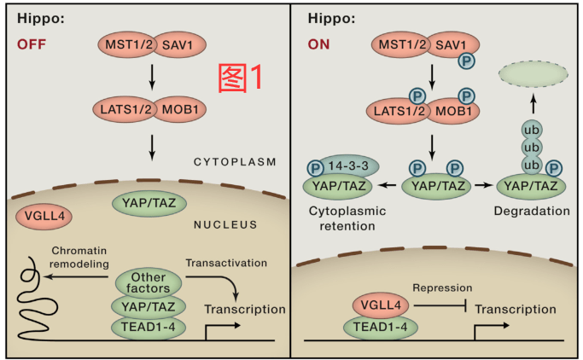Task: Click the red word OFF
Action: tap(30, 45)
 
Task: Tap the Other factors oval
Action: tap(148, 282)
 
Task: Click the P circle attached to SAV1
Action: tap(468, 61)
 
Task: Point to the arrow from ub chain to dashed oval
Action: tap(533, 104)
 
